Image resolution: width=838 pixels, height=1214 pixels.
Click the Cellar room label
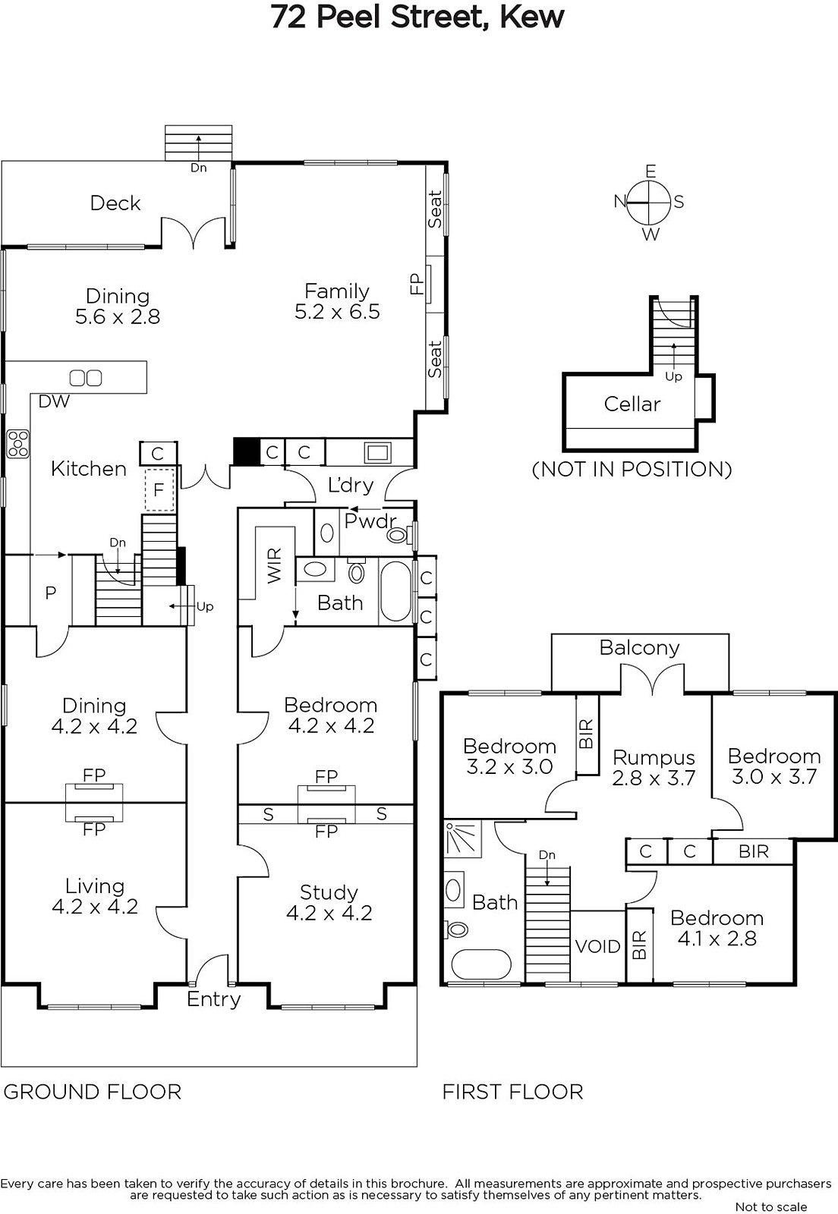(x=632, y=404)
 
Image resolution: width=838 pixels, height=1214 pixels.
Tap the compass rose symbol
(x=649, y=202)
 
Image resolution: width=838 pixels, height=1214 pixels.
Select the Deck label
(x=115, y=203)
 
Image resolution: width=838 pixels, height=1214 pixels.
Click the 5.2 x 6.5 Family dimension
(x=337, y=312)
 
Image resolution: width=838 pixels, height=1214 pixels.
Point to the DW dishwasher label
(x=54, y=401)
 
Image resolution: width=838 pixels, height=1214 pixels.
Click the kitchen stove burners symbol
(x=18, y=444)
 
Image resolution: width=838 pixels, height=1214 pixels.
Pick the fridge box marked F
(x=159, y=490)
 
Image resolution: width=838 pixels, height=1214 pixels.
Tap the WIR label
(x=275, y=565)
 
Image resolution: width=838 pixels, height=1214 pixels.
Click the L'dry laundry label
(x=351, y=485)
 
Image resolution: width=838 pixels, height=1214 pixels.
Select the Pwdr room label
(x=370, y=521)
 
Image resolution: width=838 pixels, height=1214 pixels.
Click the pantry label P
(x=50, y=593)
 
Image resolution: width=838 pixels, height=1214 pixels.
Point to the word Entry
(x=213, y=999)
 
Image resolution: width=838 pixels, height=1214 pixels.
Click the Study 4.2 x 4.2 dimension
(x=329, y=913)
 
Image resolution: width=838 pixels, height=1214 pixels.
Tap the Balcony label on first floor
(x=640, y=648)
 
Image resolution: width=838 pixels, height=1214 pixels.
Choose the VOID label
(x=597, y=946)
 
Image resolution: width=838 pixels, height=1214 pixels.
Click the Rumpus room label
(x=654, y=758)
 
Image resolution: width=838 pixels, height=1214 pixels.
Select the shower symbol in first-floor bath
(x=463, y=839)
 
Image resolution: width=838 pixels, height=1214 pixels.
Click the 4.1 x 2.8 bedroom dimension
(x=717, y=938)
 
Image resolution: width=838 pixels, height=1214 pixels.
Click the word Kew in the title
(x=532, y=18)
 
